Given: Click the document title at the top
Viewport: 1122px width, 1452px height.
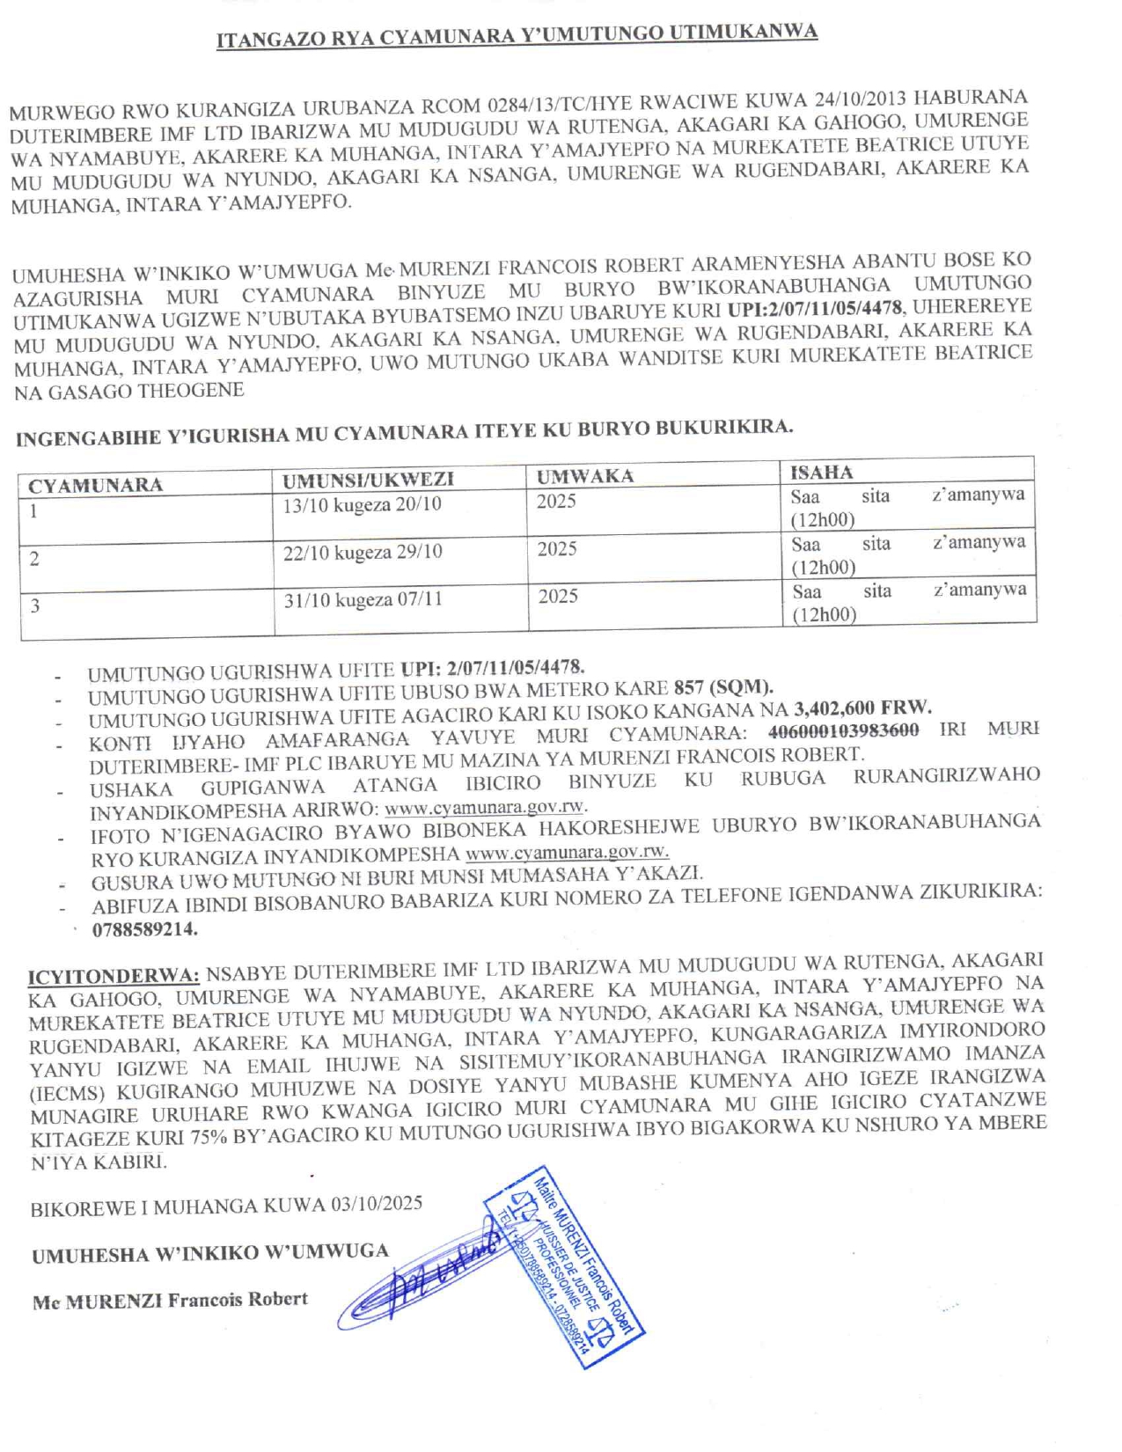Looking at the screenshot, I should click(x=517, y=36).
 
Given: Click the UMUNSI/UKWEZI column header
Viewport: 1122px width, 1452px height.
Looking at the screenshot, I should click(x=368, y=480).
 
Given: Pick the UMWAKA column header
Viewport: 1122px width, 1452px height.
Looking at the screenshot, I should click(x=585, y=476).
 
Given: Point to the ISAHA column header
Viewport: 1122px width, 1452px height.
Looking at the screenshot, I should click(x=821, y=472).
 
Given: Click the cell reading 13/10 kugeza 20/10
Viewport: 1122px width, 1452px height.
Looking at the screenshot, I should click(x=362, y=505).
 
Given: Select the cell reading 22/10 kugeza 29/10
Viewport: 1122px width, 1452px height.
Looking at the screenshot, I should click(x=363, y=553).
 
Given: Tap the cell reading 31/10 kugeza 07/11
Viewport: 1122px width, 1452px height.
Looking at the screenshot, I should click(x=363, y=600).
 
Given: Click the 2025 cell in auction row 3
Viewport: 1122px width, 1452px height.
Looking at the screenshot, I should click(x=558, y=597).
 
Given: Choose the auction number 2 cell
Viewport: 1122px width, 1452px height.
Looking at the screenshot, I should click(x=34, y=559).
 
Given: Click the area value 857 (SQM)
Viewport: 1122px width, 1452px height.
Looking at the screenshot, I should click(x=723, y=687).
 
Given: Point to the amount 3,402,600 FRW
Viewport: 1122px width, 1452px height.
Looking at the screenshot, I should click(x=862, y=708).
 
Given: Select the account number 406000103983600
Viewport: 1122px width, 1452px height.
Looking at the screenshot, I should click(x=844, y=730).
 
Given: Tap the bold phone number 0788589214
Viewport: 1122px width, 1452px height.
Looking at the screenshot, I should click(x=145, y=929).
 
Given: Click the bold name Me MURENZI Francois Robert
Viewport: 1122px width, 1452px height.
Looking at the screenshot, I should click(x=170, y=1301).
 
